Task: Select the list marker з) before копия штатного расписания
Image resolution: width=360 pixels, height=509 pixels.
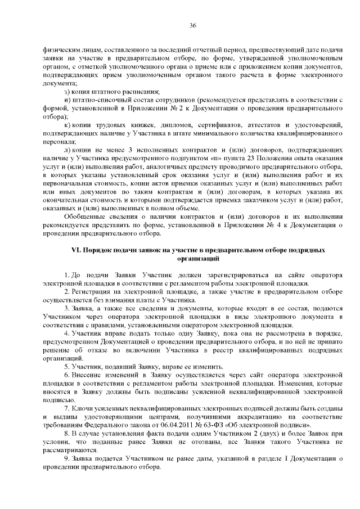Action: tap(67, 92)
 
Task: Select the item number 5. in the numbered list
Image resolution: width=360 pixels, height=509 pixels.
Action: tap(67, 350)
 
